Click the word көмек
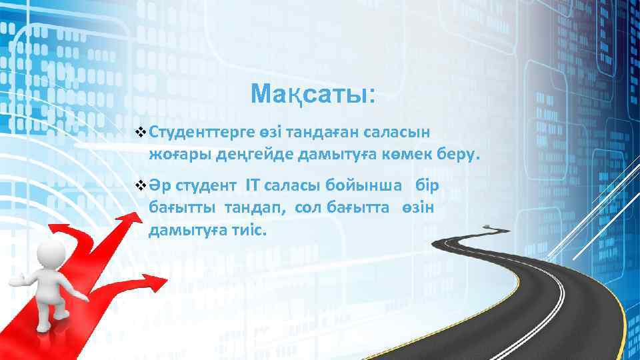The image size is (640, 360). (x=406, y=155)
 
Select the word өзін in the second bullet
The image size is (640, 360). (x=418, y=207)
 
